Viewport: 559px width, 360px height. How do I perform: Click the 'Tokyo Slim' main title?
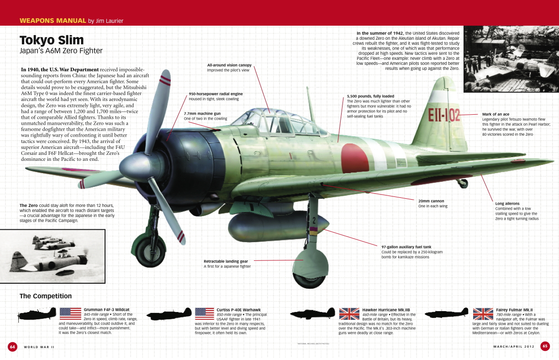[x=52, y=40]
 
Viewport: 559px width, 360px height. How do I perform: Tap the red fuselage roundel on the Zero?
[x=355, y=158]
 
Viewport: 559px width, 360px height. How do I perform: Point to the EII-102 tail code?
[x=444, y=116]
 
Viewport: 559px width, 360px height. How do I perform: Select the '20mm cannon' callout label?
[x=431, y=201]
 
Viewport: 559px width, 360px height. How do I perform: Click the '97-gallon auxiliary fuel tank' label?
[x=406, y=247]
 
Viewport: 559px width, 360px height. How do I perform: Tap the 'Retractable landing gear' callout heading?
[x=226, y=261]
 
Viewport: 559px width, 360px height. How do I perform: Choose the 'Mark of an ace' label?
[x=496, y=114]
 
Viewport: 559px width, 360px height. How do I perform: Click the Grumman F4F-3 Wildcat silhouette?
[x=37, y=314]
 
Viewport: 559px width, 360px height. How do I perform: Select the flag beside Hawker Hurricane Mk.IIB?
[x=349, y=314]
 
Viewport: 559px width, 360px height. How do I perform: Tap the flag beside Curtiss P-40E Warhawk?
[x=205, y=314]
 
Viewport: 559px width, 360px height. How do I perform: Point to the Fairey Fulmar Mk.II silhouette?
[x=447, y=312]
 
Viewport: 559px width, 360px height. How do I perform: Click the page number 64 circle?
[x=12, y=347]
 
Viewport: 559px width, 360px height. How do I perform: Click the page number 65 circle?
[x=545, y=346]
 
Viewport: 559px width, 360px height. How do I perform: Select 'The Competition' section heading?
[x=46, y=296]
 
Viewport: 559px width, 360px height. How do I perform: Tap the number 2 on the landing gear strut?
[x=314, y=220]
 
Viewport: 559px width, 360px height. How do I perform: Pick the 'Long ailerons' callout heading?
[x=507, y=203]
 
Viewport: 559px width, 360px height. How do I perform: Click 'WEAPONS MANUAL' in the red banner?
[x=53, y=21]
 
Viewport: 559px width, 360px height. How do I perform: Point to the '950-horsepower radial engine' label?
[x=216, y=94]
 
